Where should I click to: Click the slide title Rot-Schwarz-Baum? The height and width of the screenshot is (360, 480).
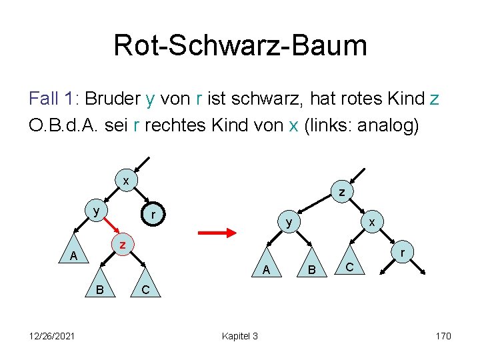pos(240,45)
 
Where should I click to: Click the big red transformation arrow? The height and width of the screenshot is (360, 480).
pos(218,233)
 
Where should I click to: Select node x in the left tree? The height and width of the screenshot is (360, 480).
pos(126,181)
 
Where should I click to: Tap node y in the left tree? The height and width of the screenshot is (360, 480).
pos(97,211)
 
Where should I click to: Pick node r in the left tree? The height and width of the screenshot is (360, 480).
pos(154,215)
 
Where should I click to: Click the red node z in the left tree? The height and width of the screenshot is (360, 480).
pos(123,245)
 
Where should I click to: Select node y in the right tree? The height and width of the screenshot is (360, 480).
pos(287,222)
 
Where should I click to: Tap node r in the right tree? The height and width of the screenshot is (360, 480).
pos(402,253)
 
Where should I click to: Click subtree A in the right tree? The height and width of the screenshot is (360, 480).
pos(266,269)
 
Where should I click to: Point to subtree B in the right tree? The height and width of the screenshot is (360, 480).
pos(309,269)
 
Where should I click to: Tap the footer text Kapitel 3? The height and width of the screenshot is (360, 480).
pos(240,335)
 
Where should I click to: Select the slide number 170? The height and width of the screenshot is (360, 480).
pos(443,335)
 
